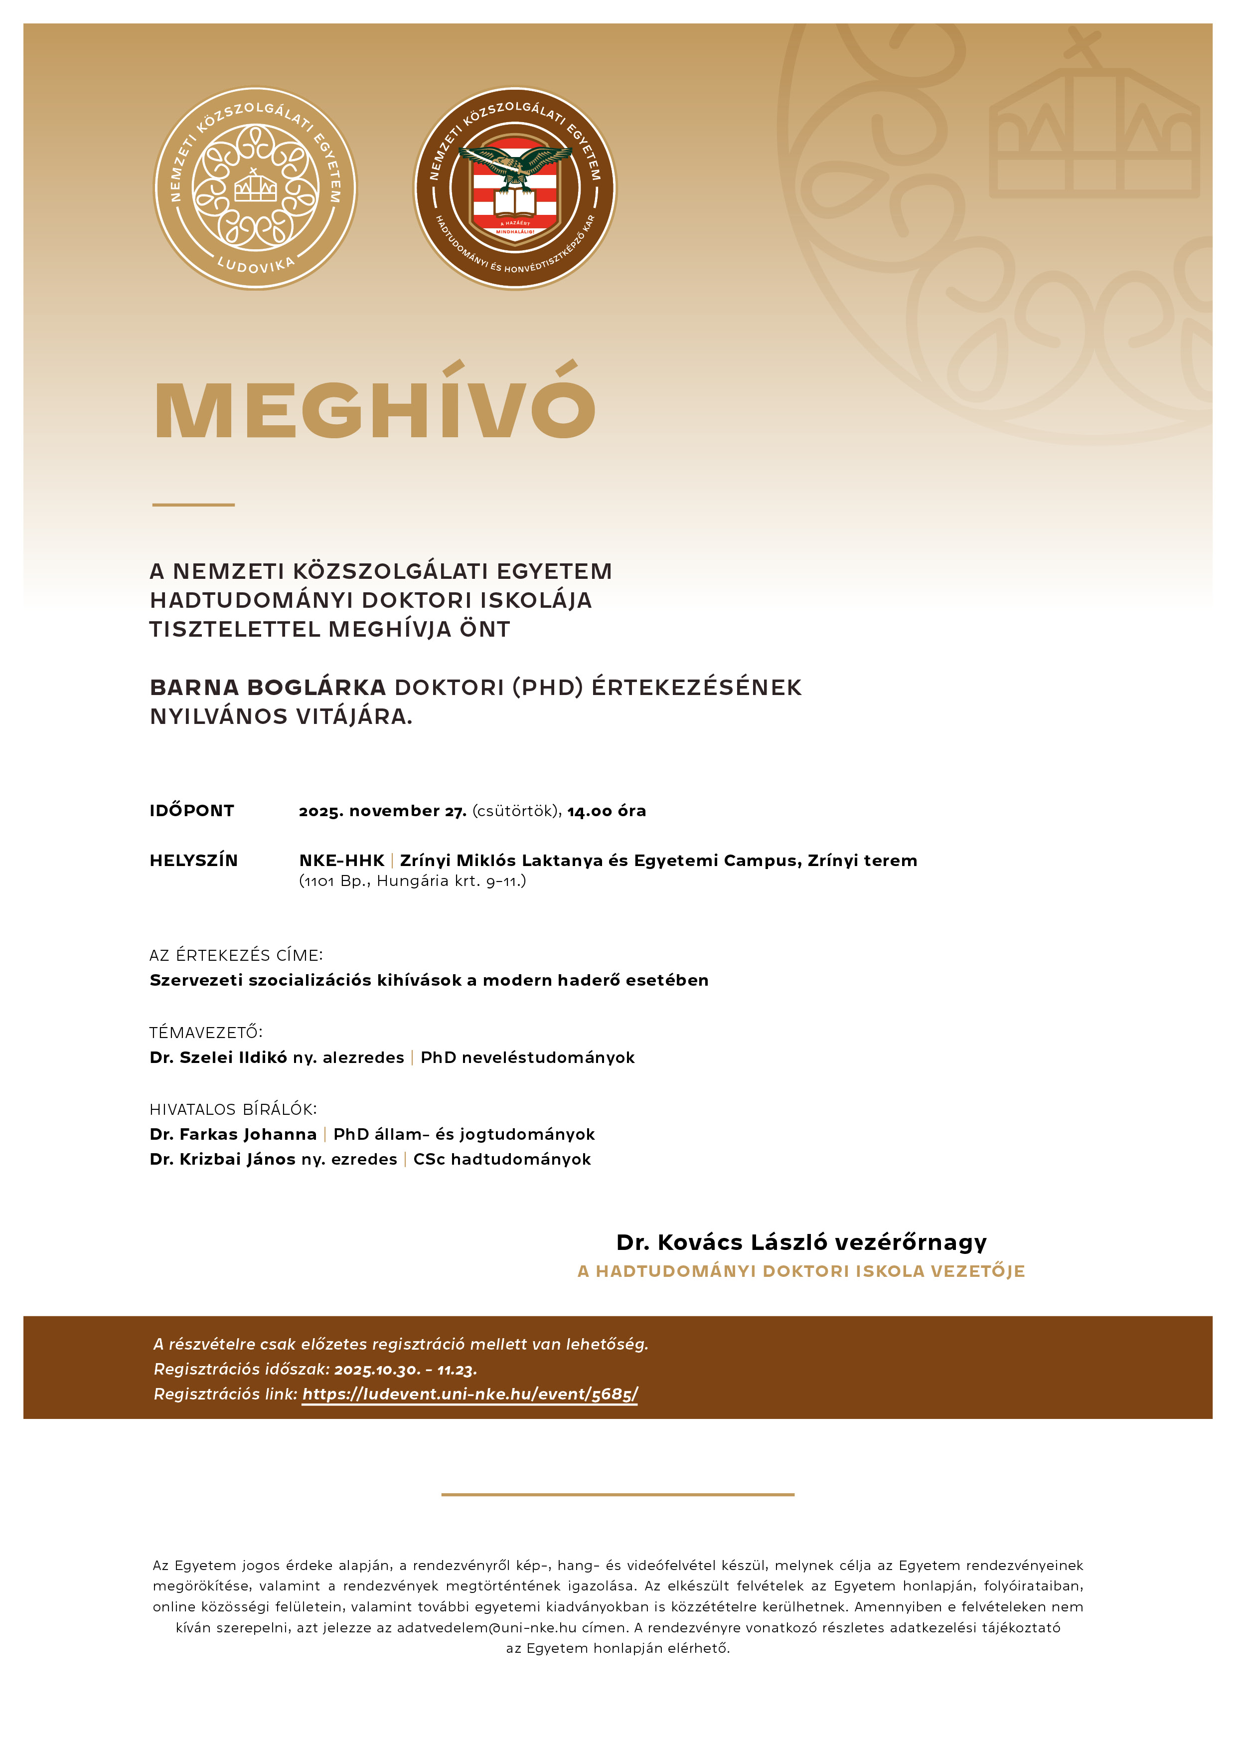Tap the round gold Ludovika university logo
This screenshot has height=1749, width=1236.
(255, 188)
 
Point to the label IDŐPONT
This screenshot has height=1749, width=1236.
(192, 811)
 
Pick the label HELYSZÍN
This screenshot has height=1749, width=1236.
(193, 860)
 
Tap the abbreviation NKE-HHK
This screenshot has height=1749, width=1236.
(341, 860)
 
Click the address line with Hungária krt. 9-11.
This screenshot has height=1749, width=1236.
(412, 881)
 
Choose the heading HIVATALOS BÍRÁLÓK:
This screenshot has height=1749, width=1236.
(233, 1109)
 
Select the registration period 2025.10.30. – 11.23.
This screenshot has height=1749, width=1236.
(405, 1370)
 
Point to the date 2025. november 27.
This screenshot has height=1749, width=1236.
(382, 811)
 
